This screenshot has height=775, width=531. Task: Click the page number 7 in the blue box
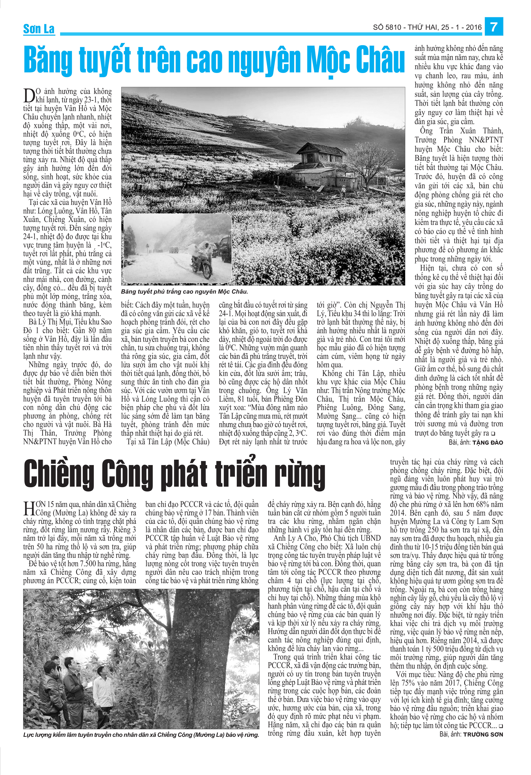click(494, 27)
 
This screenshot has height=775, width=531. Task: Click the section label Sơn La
click(39, 29)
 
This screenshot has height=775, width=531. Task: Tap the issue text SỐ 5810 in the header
click(386, 27)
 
